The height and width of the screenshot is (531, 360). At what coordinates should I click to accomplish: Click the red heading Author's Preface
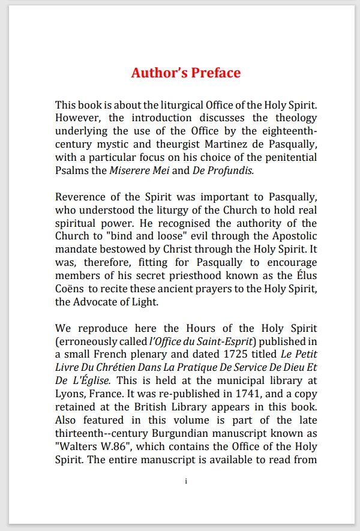click(x=186, y=73)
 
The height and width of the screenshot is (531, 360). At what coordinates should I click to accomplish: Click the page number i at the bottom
click(x=186, y=482)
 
